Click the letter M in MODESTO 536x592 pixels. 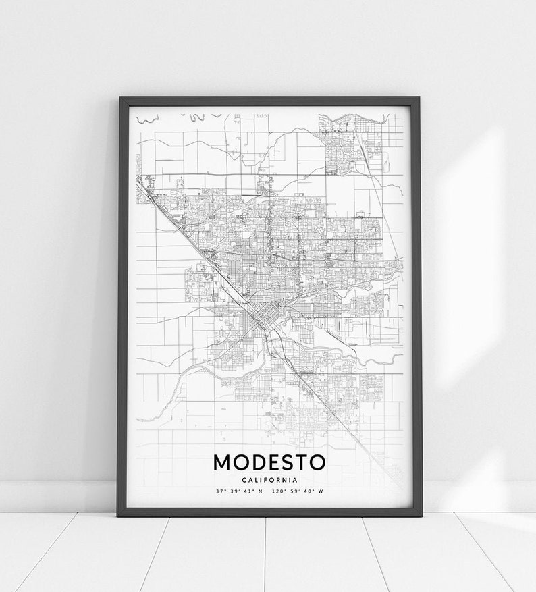pos(223,462)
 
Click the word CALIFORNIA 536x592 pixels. pos(269,479)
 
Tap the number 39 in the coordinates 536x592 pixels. pos(234,491)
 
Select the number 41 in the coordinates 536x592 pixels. pos(248,491)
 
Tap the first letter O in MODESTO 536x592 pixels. pos(240,462)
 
